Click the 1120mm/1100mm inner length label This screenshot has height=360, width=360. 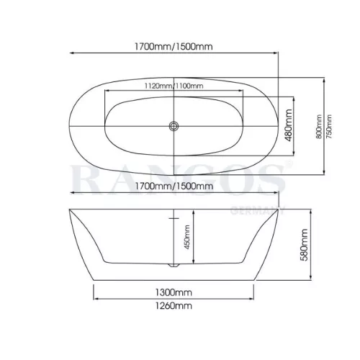click(x=174, y=86)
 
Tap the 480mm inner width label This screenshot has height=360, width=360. click(x=288, y=125)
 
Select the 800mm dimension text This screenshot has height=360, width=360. click(x=319, y=127)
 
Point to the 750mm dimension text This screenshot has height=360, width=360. click(x=329, y=127)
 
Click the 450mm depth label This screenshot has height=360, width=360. click(x=187, y=237)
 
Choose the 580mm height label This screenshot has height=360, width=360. click(x=304, y=245)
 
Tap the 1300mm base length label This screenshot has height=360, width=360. click(x=174, y=292)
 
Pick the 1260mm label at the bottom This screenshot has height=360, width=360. click(x=174, y=306)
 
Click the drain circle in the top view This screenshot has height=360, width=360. click(x=174, y=126)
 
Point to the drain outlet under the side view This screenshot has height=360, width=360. click(x=174, y=265)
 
